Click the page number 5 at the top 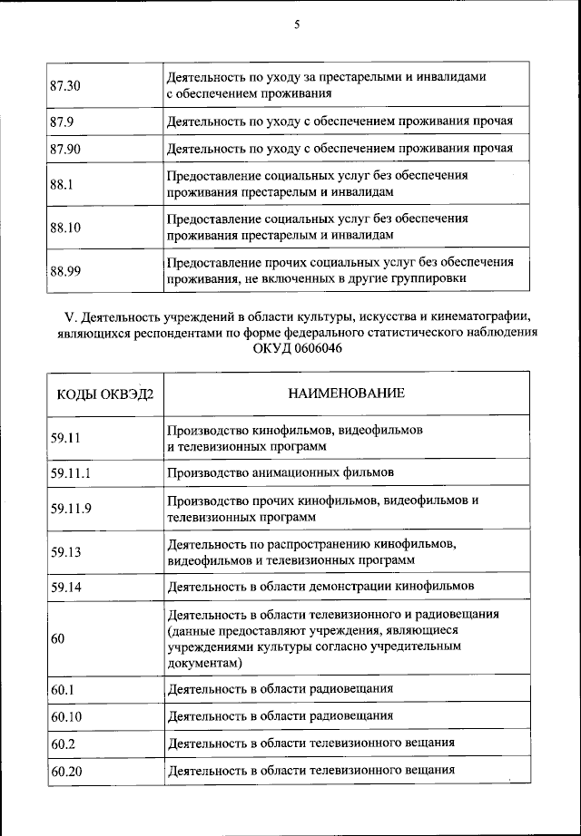point(296,26)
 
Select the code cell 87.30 point(66,86)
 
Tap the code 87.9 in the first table point(63,121)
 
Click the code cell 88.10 point(66,228)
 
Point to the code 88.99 point(66,271)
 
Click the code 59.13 point(66,551)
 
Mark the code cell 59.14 point(66,587)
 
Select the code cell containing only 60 point(58,639)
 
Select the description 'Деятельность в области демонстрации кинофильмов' point(320,587)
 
